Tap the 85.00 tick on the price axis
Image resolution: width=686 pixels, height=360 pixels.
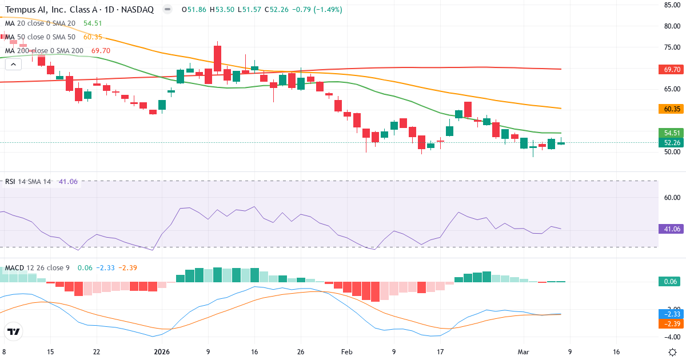point(671,5)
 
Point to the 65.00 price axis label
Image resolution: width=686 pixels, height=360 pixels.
point(671,89)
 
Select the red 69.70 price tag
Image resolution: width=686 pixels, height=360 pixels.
point(671,69)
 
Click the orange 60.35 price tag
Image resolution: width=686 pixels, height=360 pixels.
point(671,109)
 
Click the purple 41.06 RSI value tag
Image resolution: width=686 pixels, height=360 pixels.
point(671,229)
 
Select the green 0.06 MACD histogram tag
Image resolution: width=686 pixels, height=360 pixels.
point(671,281)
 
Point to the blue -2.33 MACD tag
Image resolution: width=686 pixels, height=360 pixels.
point(671,314)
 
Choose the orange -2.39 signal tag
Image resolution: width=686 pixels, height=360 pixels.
point(671,323)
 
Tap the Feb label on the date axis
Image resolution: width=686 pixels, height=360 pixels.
point(347,352)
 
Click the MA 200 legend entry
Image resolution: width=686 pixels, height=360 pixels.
point(44,51)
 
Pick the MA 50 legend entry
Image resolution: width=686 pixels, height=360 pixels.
point(40,37)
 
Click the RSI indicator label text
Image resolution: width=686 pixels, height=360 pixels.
point(10,182)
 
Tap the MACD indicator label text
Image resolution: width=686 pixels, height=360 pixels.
point(15,268)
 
